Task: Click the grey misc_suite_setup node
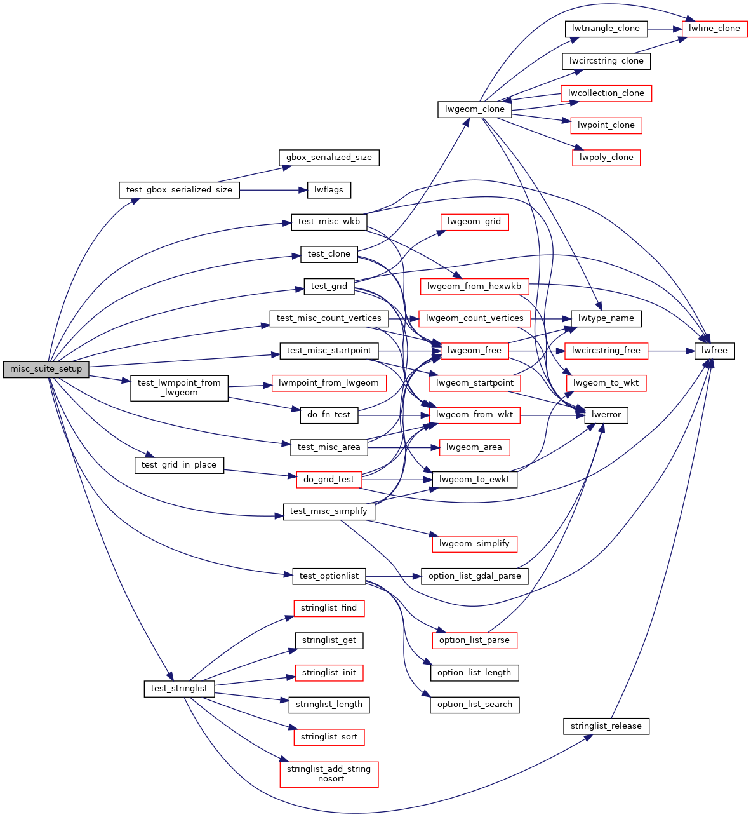(46, 369)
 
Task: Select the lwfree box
(714, 351)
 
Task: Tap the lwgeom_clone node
(474, 109)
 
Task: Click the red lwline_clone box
(714, 29)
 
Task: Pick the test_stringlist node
(179, 689)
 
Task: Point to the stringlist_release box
(606, 726)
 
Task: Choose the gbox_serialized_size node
(329, 158)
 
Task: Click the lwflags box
(329, 190)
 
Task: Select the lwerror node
(606, 415)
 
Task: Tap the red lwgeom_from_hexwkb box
(474, 287)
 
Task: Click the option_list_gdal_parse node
(474, 576)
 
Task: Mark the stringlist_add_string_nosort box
(329, 774)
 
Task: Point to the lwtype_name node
(606, 318)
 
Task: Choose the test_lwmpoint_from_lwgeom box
(179, 388)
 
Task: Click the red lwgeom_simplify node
(474, 544)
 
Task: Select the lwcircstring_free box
(606, 351)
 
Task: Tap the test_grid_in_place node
(178, 465)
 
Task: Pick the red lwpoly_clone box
(606, 158)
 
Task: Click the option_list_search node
(474, 705)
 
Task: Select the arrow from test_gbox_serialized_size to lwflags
(273, 190)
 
